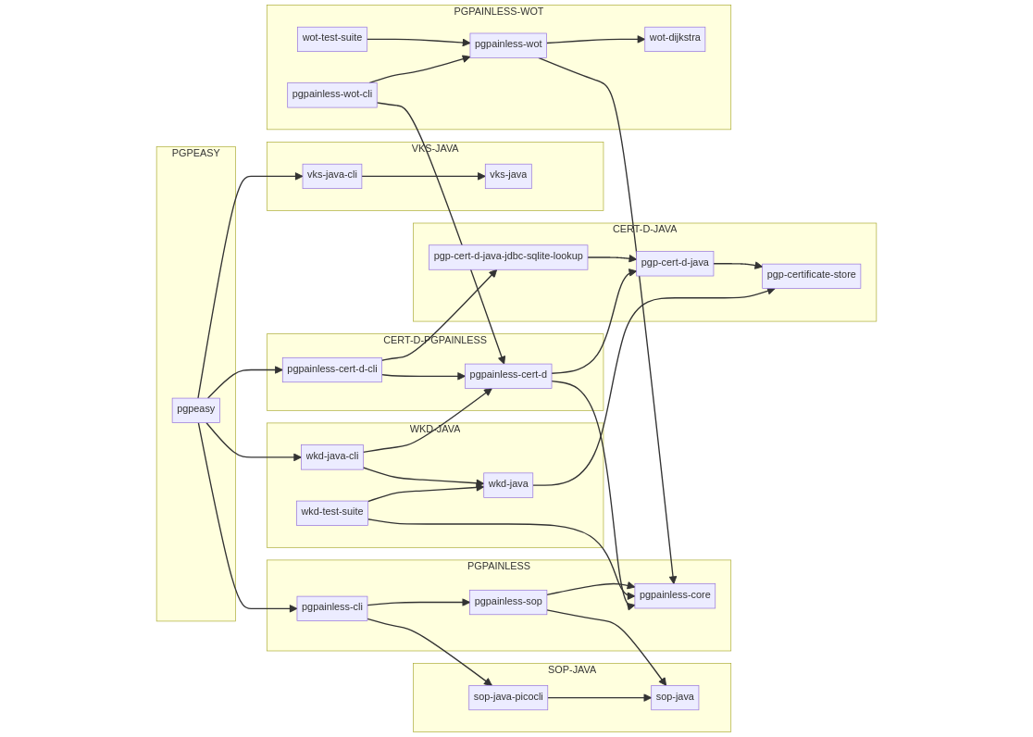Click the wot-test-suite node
(x=331, y=39)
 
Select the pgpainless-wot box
(x=508, y=44)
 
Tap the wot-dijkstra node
(x=675, y=39)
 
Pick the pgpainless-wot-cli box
(x=331, y=94)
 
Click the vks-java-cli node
(x=331, y=176)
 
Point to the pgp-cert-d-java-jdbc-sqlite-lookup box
(x=508, y=257)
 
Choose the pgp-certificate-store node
(x=811, y=276)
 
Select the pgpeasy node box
(x=195, y=410)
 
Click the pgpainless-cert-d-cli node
(x=331, y=370)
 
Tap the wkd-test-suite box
(x=331, y=513)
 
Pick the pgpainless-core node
(x=675, y=596)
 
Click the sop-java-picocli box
(x=508, y=698)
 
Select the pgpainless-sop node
(x=508, y=603)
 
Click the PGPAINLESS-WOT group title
(x=499, y=12)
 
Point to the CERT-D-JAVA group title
(x=644, y=230)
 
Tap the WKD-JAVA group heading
(x=435, y=430)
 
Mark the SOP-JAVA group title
(x=572, y=670)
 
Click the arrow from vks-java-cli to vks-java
(x=423, y=176)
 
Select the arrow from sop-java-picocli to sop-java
(x=599, y=698)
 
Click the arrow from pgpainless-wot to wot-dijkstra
(x=595, y=41)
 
